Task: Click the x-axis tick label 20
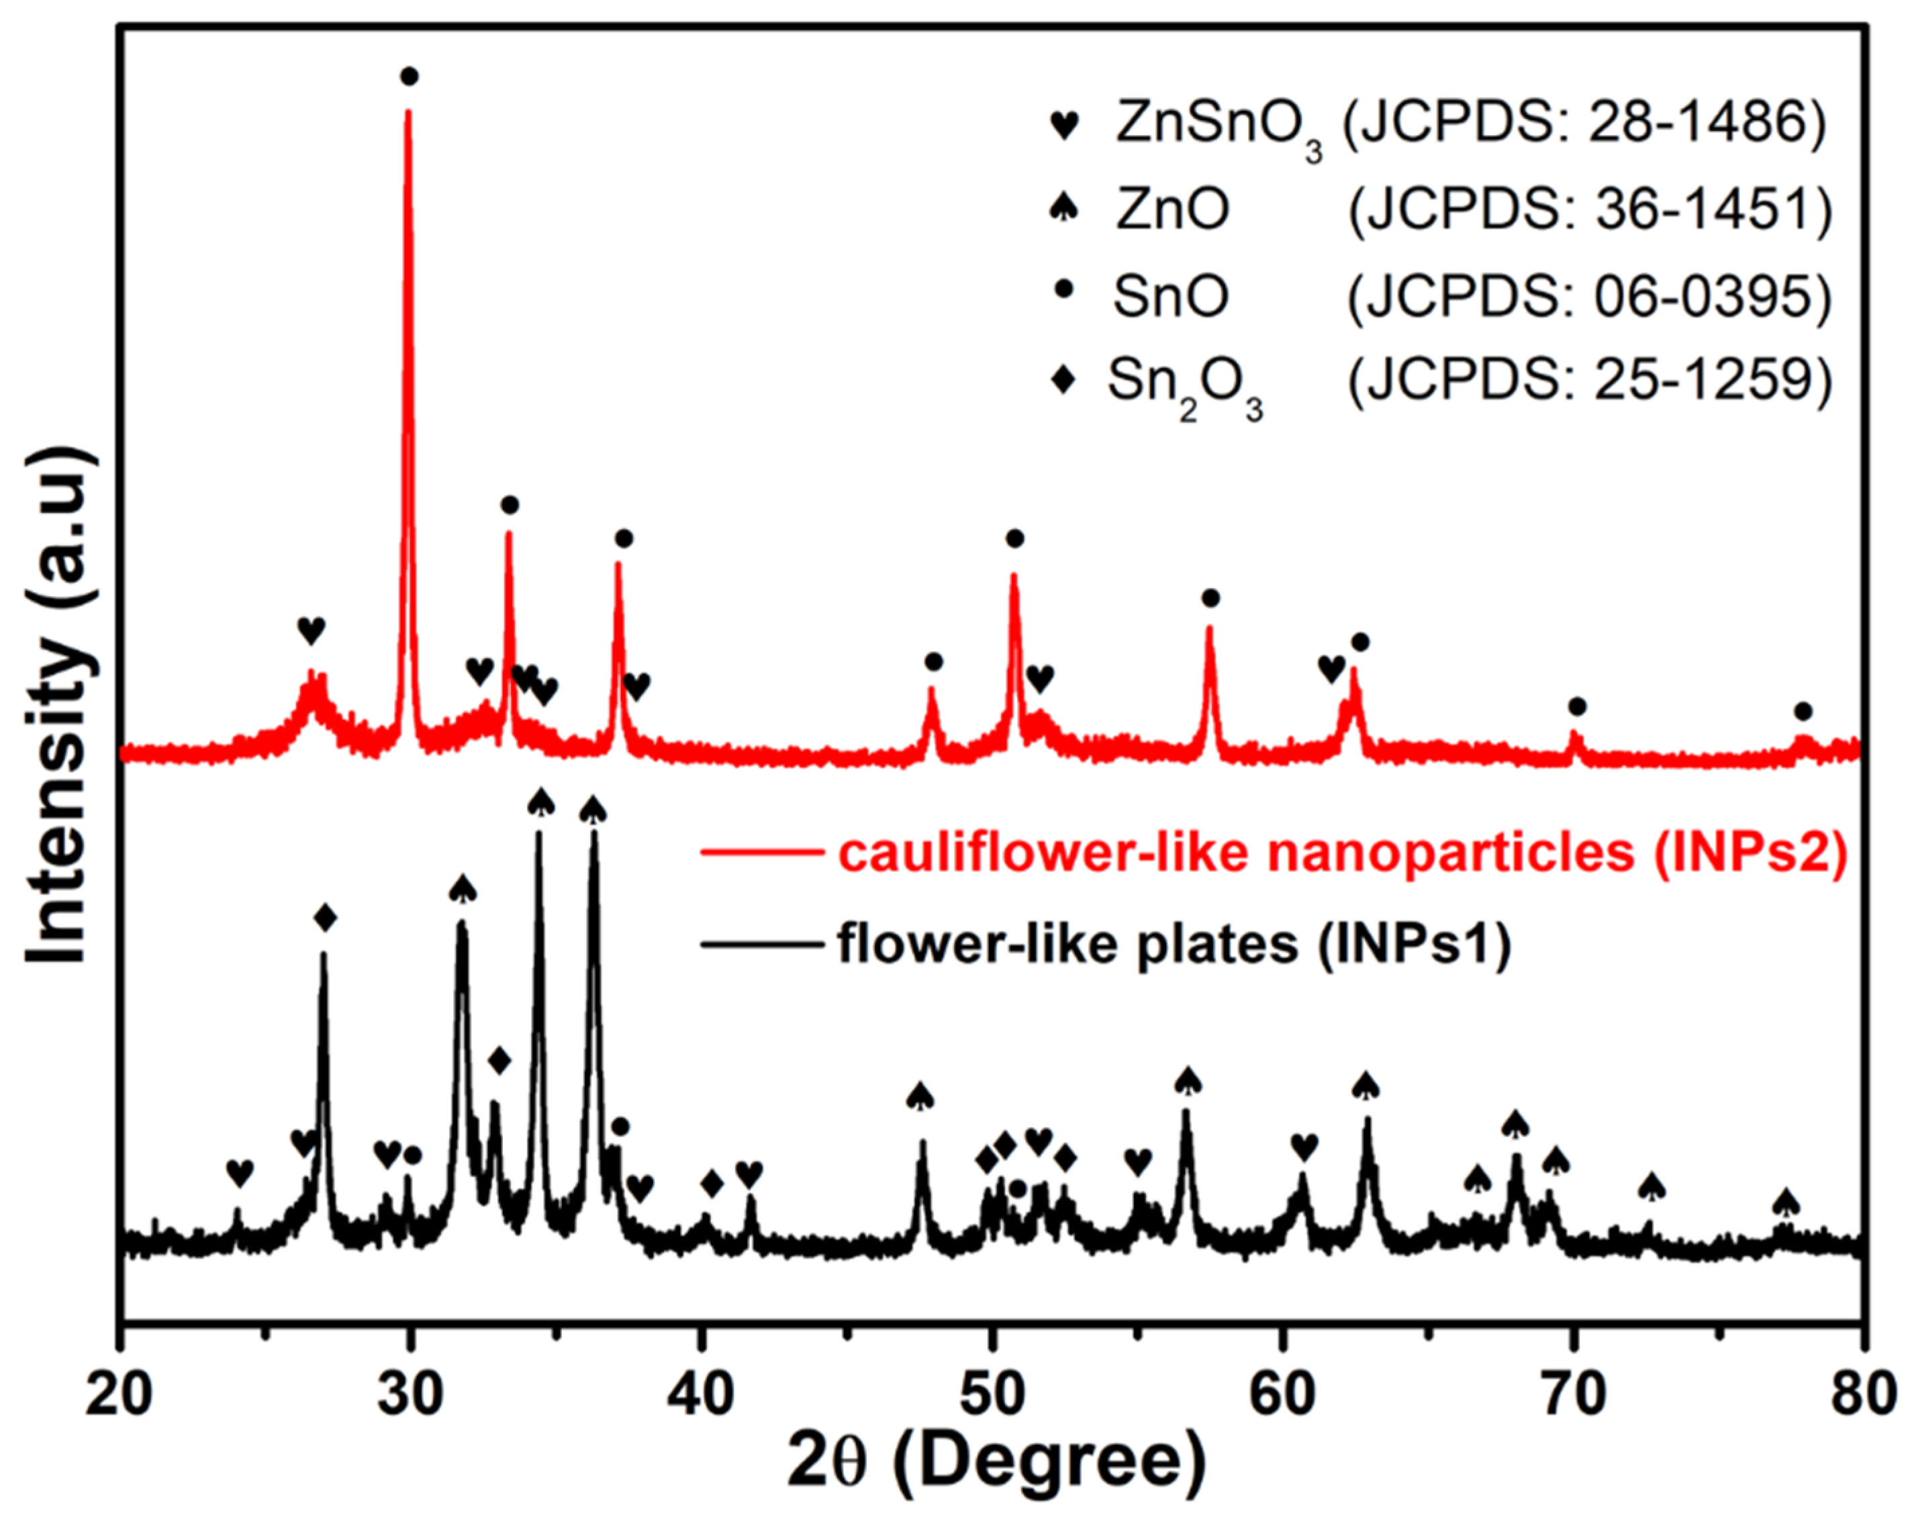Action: (119, 1394)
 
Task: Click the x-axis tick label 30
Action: (410, 1394)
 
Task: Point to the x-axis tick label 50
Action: (992, 1394)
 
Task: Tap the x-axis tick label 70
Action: (1574, 1394)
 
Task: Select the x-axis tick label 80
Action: (1864, 1394)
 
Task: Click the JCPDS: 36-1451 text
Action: (1589, 211)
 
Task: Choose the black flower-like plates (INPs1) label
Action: (1174, 944)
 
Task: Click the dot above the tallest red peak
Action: (409, 77)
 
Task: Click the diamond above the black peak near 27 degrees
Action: (326, 918)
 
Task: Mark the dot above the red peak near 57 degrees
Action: (1210, 599)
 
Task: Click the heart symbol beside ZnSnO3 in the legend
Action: (1064, 125)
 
